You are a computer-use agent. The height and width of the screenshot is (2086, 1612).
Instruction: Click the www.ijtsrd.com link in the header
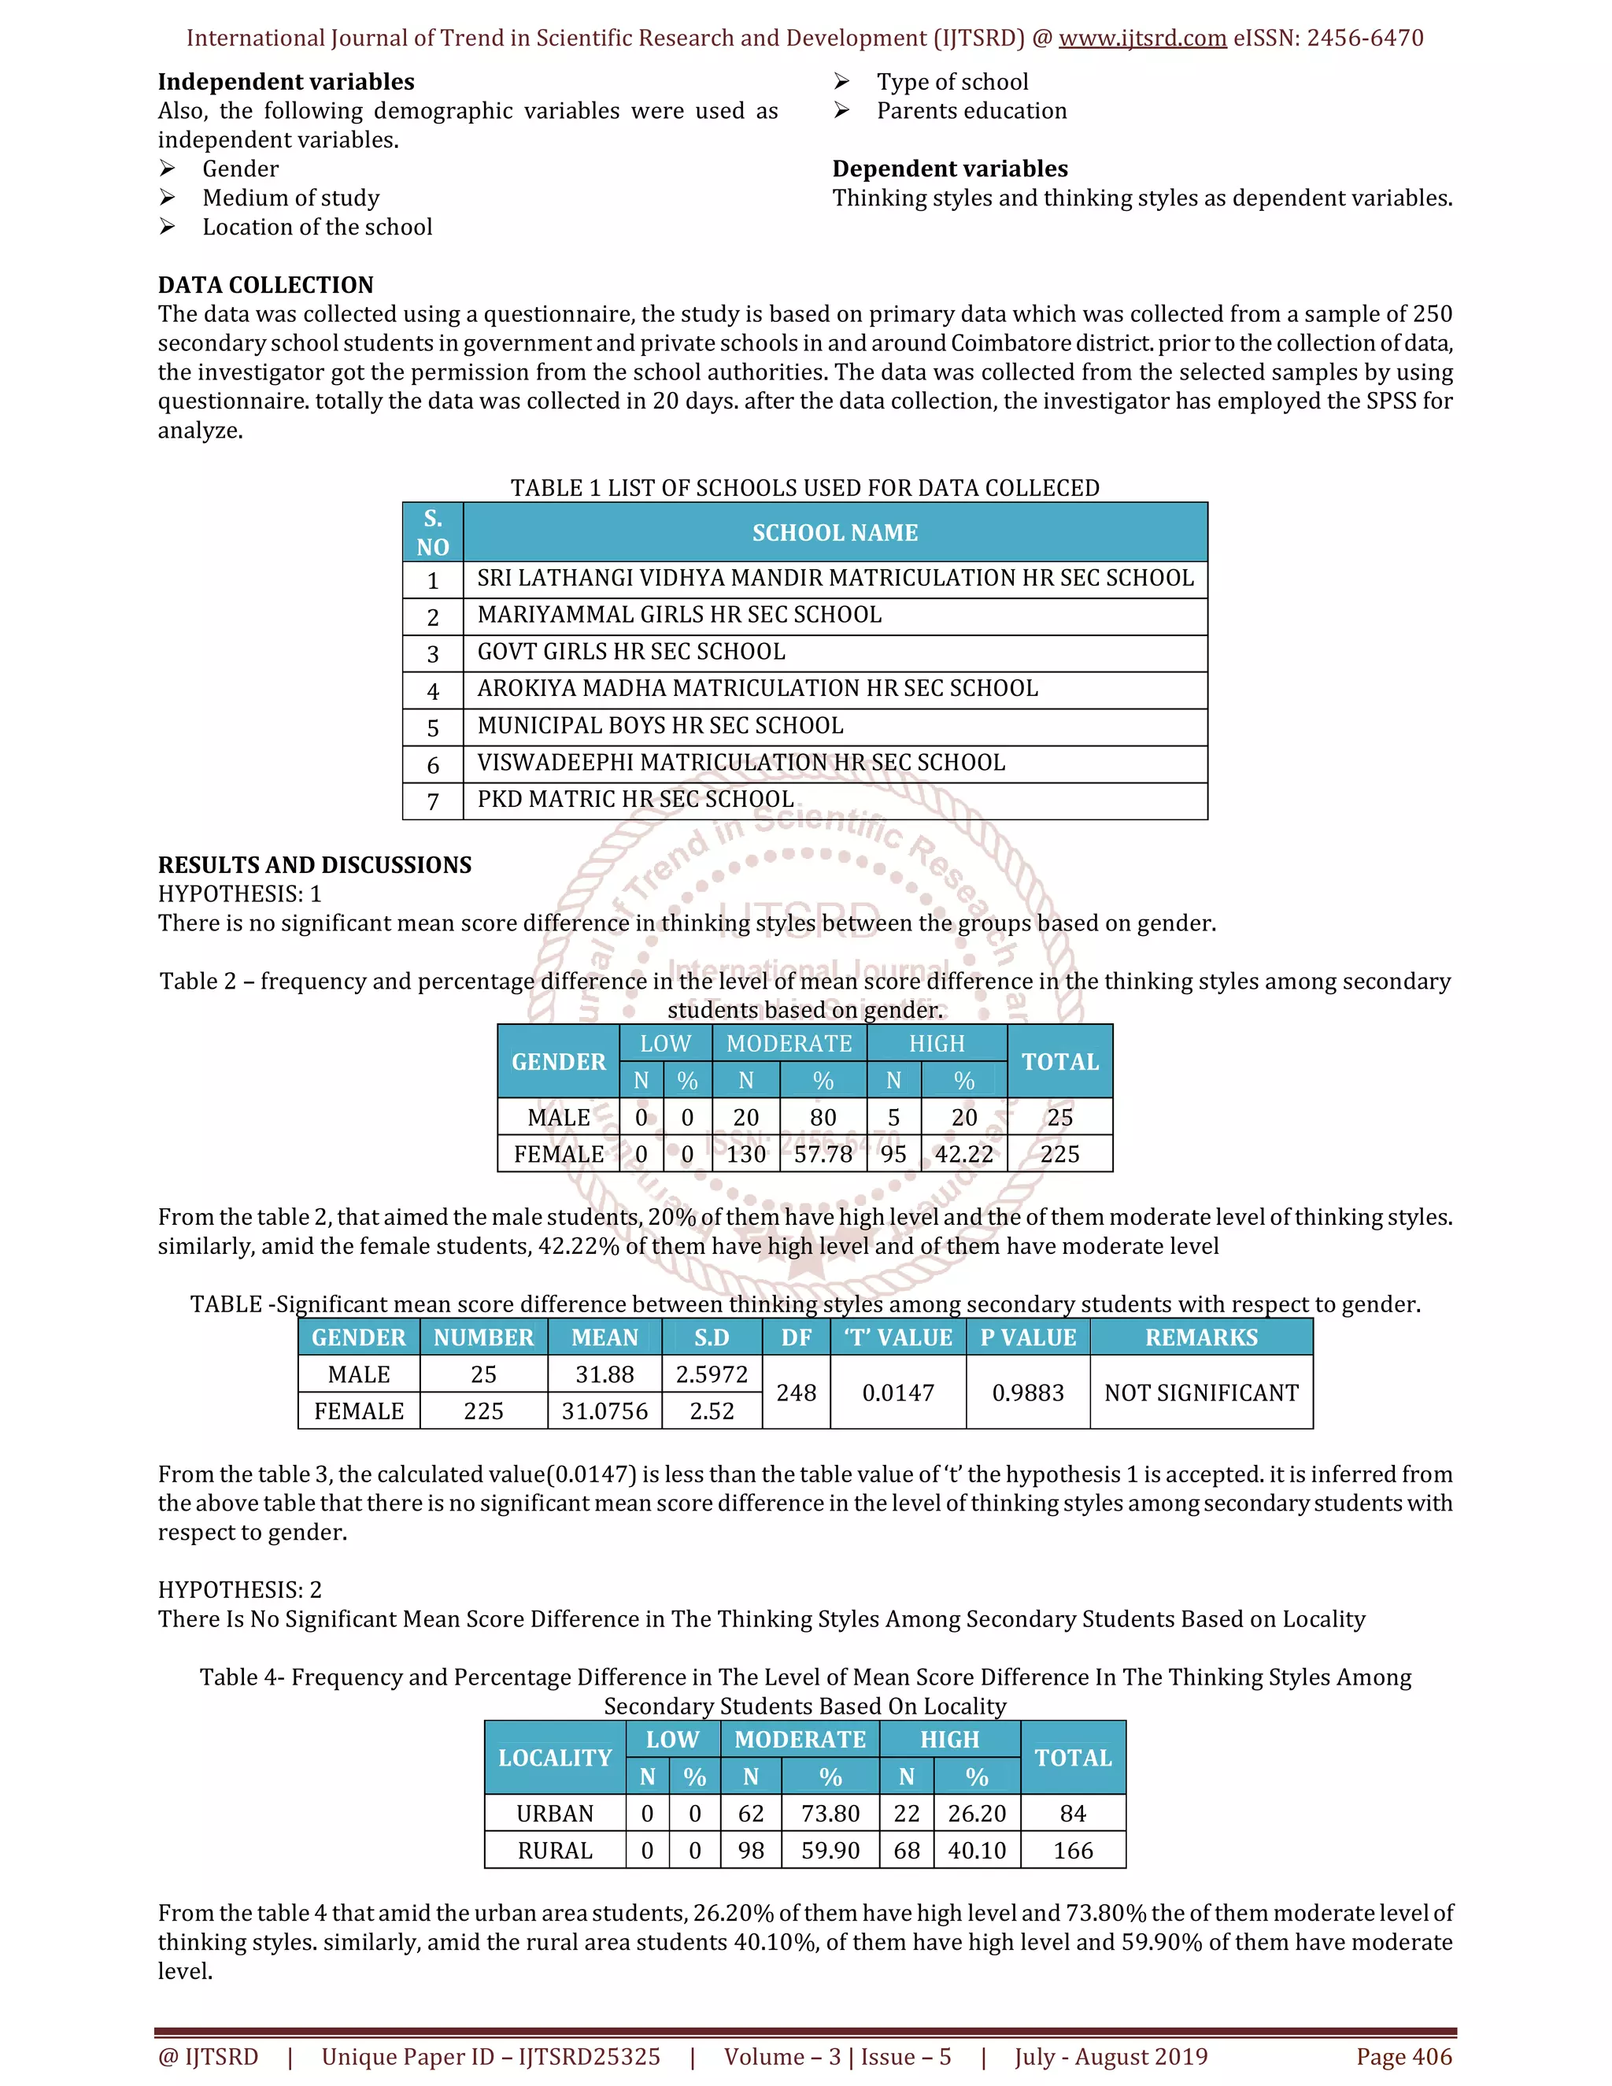(x=1142, y=39)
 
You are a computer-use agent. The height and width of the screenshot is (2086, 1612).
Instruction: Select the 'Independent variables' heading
(x=286, y=82)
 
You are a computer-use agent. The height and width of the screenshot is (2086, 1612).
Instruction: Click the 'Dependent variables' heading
(x=949, y=169)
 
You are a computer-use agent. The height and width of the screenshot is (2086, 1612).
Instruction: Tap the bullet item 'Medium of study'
(x=290, y=198)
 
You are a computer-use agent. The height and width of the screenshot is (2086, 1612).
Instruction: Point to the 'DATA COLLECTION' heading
(x=265, y=285)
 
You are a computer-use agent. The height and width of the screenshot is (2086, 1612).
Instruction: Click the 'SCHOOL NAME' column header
(x=834, y=533)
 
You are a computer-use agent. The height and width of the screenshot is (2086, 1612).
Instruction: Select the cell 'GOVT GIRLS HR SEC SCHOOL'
(x=631, y=652)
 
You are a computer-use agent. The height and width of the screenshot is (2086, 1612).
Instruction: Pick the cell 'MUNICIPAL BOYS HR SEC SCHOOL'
(x=660, y=726)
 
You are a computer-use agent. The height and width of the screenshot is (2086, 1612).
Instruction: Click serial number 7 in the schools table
(x=433, y=801)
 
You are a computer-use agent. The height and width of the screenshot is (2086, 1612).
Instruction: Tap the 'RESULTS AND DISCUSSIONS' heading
(x=314, y=864)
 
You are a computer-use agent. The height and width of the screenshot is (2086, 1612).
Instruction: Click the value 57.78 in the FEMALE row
(x=823, y=1154)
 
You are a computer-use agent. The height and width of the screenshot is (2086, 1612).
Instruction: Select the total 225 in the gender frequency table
(x=1059, y=1154)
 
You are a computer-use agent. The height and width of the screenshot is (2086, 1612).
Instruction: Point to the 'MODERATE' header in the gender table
(x=789, y=1044)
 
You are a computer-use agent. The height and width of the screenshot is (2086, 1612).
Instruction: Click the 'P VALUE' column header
(x=1027, y=1337)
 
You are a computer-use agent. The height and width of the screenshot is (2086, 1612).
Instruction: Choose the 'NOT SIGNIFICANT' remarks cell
(x=1200, y=1393)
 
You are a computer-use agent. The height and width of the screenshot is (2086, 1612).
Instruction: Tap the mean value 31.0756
(x=604, y=1411)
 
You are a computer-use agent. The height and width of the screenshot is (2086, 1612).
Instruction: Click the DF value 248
(x=796, y=1393)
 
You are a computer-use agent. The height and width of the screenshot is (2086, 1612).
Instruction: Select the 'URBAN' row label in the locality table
(x=555, y=1813)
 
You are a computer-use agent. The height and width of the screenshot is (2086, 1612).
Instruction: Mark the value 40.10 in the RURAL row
(x=976, y=1850)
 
